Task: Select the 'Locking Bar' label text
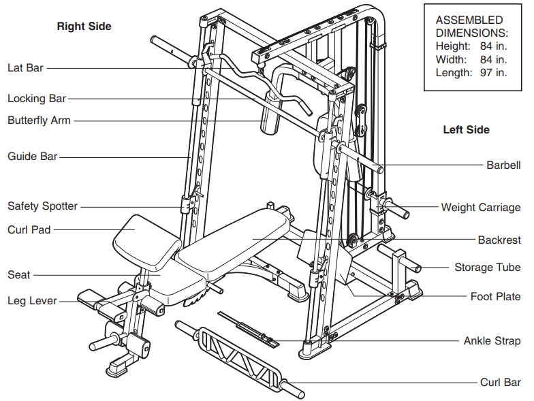coord(37,99)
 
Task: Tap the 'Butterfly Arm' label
coord(39,121)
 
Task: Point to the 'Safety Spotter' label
coord(42,206)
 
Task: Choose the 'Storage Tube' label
coord(488,268)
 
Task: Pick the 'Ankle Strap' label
coord(492,341)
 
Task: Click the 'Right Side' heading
coord(84,27)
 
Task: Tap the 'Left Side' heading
coord(466,130)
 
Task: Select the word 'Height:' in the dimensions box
coord(453,46)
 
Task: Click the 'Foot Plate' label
coord(495,297)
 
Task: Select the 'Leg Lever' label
coord(32,300)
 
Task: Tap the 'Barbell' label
coord(503,165)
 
